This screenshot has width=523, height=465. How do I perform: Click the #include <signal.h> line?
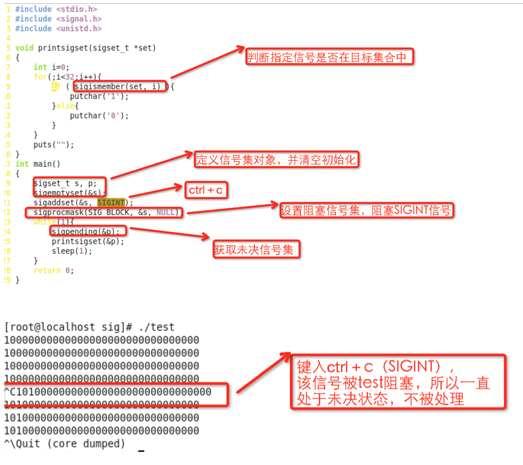(x=58, y=19)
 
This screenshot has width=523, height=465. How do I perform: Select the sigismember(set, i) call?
(x=120, y=86)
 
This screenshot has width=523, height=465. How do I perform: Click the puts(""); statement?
(x=53, y=145)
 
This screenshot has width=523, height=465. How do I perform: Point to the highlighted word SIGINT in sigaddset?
(x=111, y=203)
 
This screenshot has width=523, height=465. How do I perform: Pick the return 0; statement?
(x=53, y=270)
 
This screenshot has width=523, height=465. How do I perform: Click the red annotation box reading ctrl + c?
(x=205, y=190)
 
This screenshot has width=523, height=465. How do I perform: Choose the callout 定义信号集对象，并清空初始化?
(x=277, y=160)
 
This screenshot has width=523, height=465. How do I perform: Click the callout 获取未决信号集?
(x=256, y=250)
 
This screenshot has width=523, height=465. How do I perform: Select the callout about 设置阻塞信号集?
(x=366, y=211)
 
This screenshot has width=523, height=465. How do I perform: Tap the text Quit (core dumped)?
(x=70, y=444)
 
